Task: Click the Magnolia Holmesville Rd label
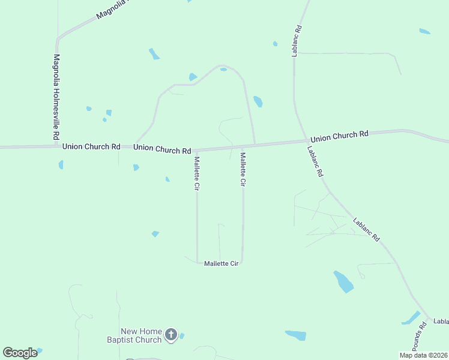click(56, 98)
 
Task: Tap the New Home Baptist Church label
click(142, 335)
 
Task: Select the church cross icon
click(171, 335)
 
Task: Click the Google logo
click(20, 353)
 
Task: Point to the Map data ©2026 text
click(423, 355)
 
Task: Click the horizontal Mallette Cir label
click(221, 263)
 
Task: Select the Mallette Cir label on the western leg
click(196, 173)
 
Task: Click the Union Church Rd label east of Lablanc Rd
click(339, 136)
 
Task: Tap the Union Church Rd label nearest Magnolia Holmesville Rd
click(91, 146)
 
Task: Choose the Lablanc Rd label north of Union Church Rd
click(297, 40)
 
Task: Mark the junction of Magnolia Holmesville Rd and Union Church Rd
click(58, 146)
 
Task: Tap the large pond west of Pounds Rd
click(343, 281)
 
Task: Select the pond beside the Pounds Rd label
click(411, 317)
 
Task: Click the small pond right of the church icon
click(181, 335)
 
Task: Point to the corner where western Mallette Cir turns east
click(197, 262)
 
